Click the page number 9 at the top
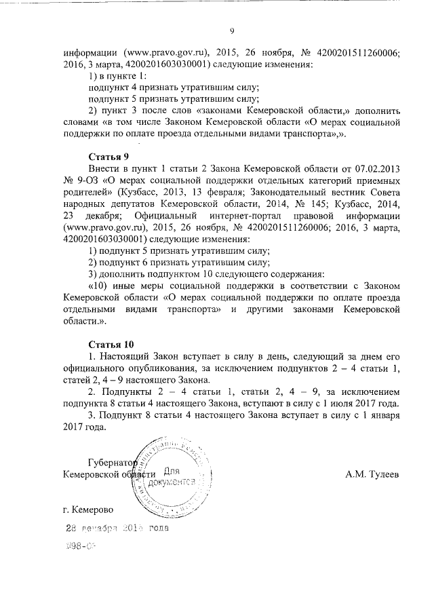coord(232,31)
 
